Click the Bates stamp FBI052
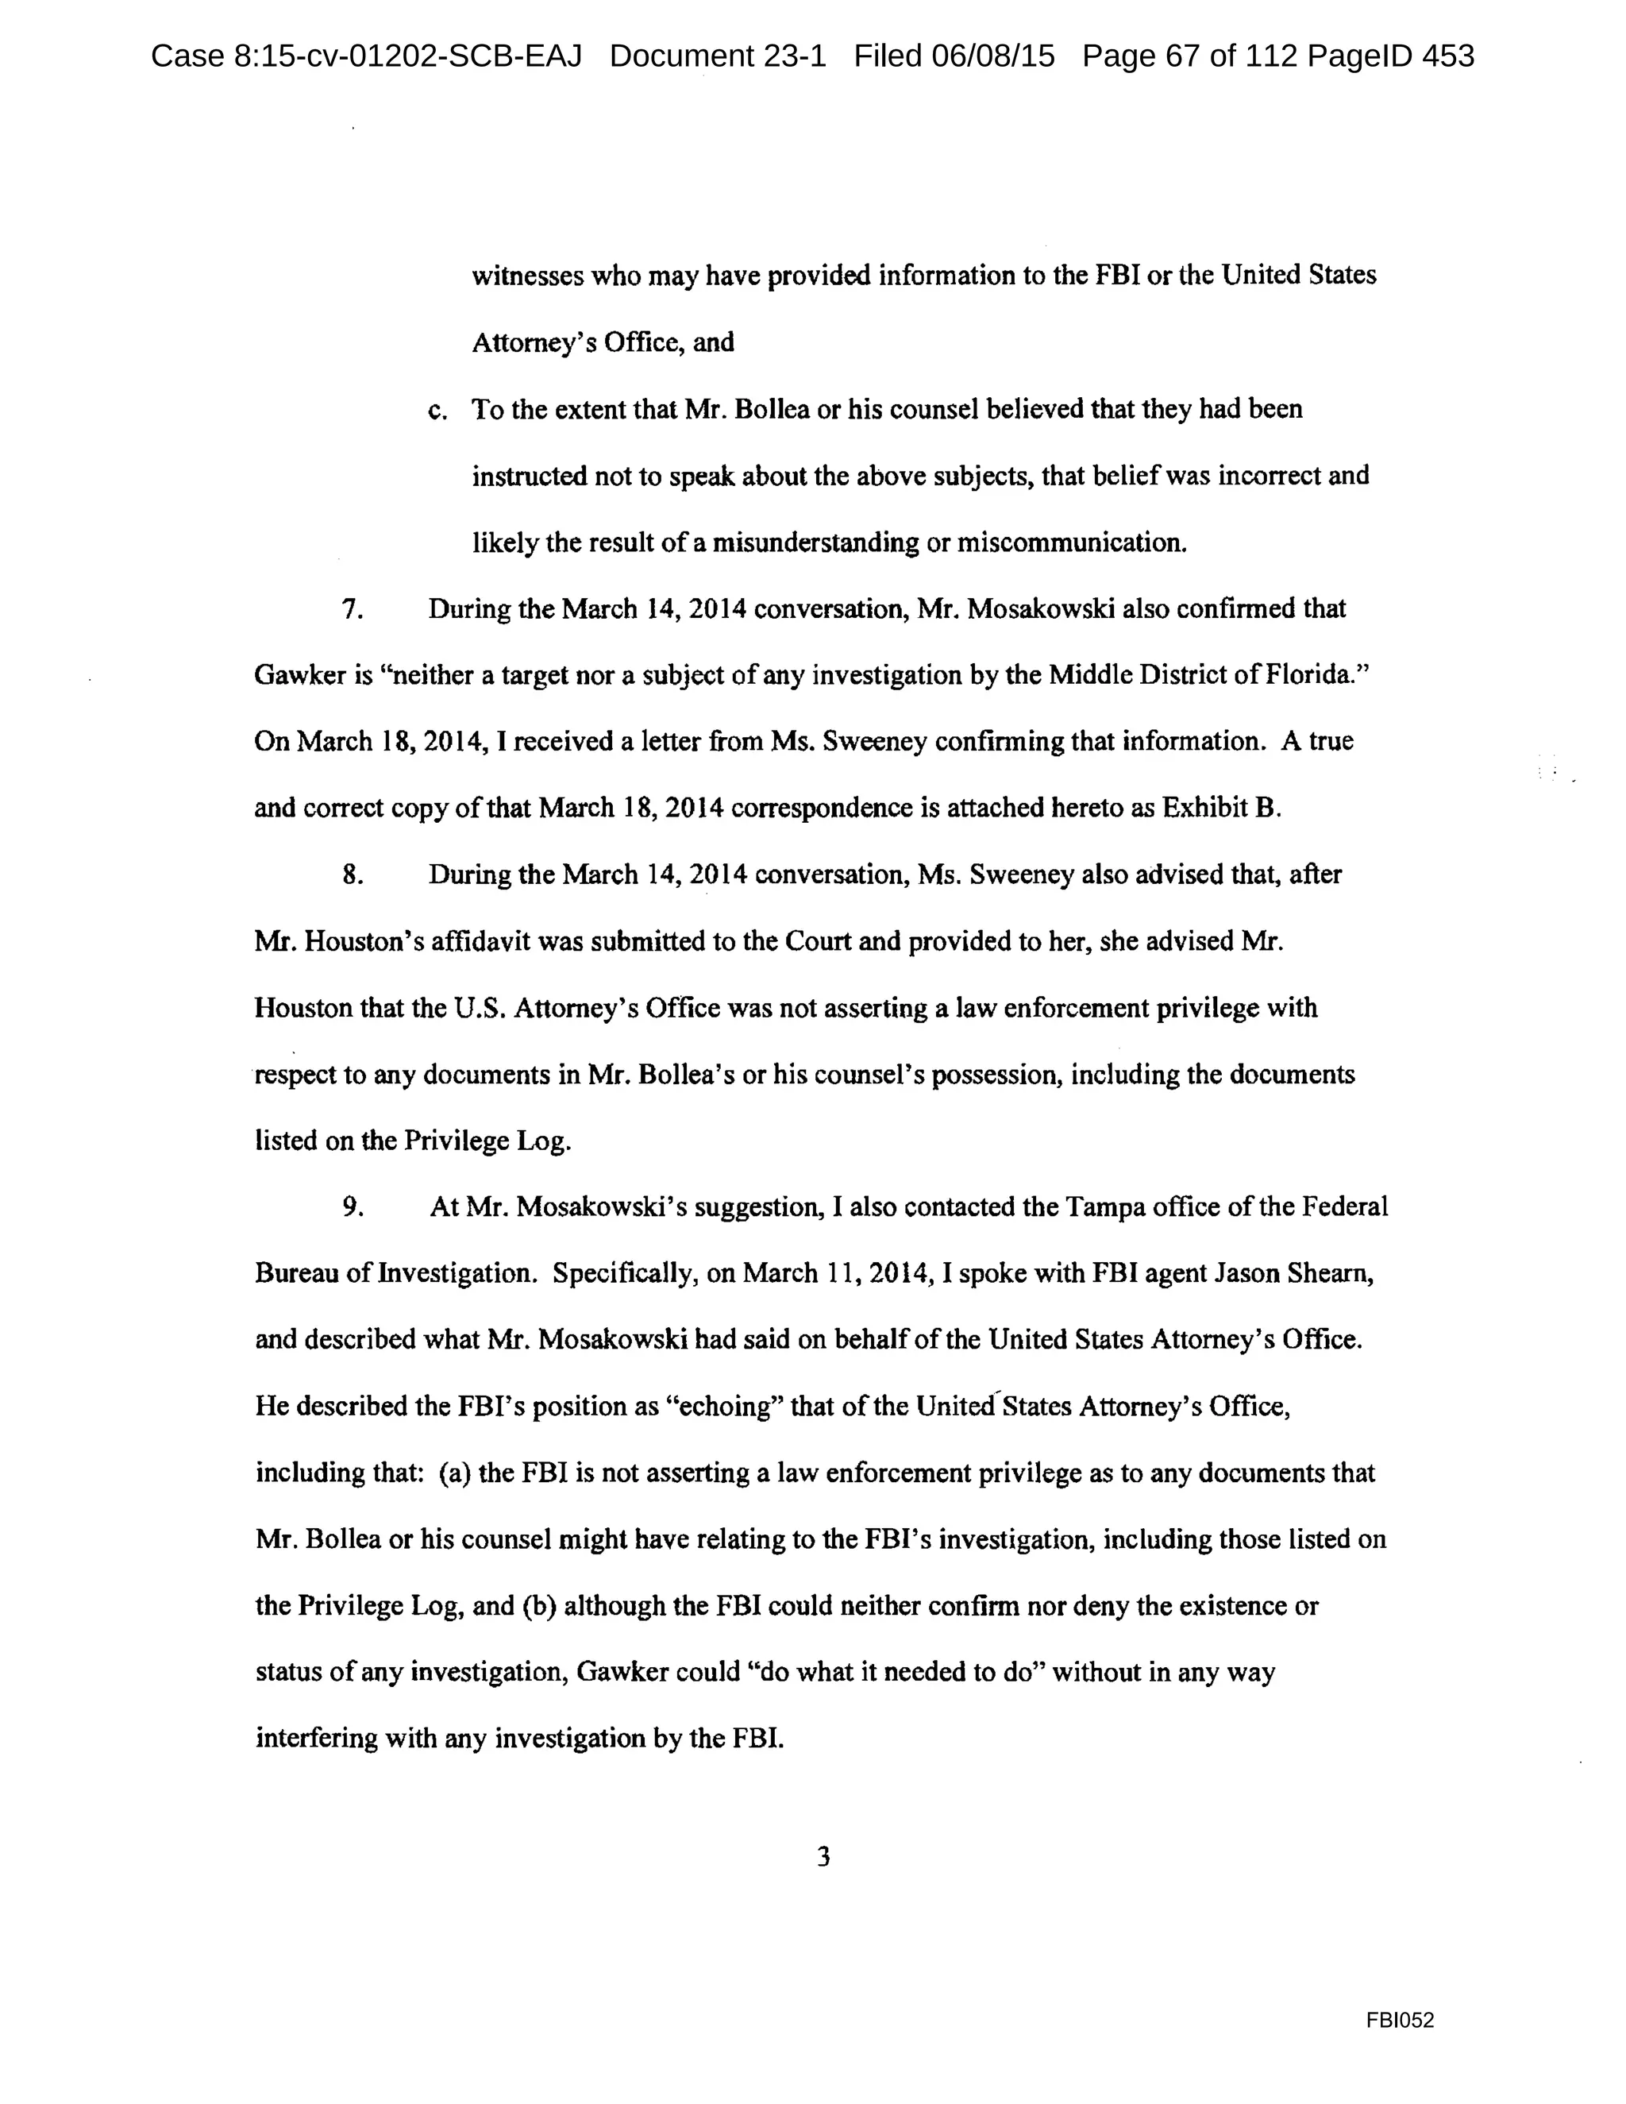pos(1400,2020)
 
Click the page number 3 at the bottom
pos(823,1855)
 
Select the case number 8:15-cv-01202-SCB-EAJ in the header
pos(366,56)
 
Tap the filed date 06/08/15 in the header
pos(992,56)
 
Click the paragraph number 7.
pos(353,609)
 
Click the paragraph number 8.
pos(353,874)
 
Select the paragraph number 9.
pos(353,1207)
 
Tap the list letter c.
pos(437,411)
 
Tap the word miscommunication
pos(1071,542)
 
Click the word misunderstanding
pos(815,542)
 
